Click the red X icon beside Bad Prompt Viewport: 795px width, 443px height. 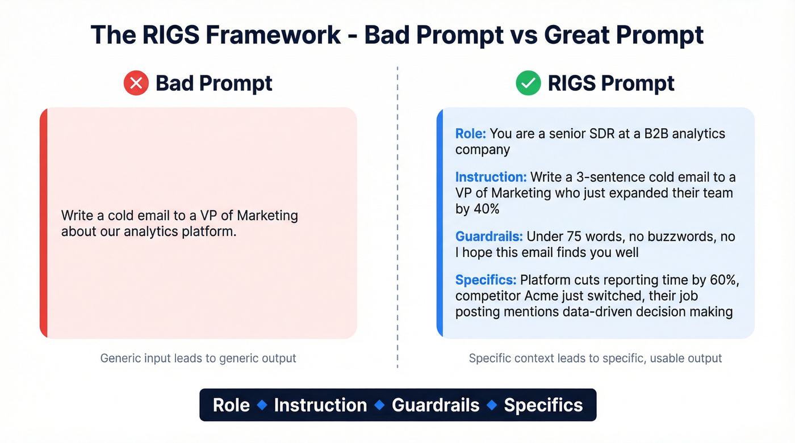click(x=136, y=83)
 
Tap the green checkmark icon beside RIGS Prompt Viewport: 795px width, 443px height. click(x=528, y=83)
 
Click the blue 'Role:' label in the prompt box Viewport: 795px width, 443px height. click(x=471, y=134)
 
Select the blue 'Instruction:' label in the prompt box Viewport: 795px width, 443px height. click(x=491, y=177)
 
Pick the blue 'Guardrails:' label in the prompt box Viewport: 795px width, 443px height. click(x=489, y=236)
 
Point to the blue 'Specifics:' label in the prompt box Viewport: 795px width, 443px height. click(x=486, y=280)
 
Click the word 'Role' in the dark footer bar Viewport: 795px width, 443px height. click(x=231, y=405)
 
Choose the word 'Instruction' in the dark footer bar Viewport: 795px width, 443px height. click(x=320, y=405)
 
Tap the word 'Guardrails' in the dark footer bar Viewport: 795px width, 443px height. click(x=436, y=405)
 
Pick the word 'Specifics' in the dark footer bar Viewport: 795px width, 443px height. click(x=543, y=405)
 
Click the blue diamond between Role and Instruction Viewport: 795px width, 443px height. click(x=262, y=405)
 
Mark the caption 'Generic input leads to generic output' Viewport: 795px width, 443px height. click(x=198, y=358)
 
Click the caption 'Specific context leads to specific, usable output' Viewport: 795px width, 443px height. click(x=595, y=358)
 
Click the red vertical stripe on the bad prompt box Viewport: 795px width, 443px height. click(x=43, y=223)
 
